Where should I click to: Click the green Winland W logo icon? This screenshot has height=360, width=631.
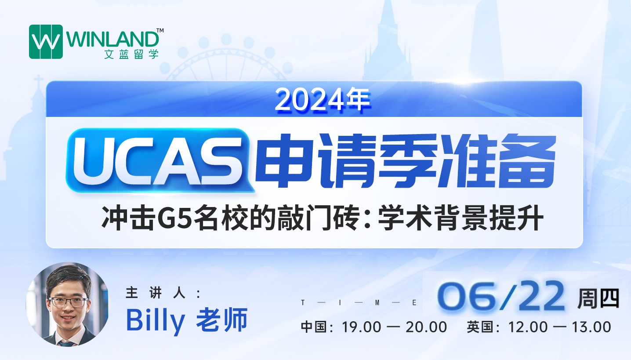tap(46, 42)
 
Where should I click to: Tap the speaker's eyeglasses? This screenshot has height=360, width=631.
tap(68, 302)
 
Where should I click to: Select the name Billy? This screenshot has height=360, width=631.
tap(156, 320)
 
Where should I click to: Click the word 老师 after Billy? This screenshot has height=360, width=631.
tap(221, 320)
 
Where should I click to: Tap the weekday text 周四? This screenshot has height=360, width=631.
tap(598, 298)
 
